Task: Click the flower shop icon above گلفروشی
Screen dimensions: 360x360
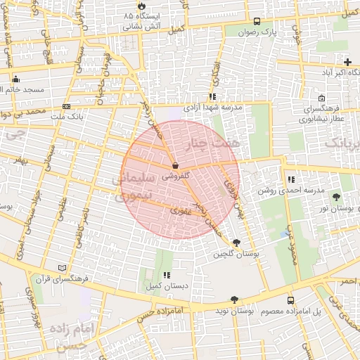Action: pos(174,166)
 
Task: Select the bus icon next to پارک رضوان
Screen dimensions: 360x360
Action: pos(257,21)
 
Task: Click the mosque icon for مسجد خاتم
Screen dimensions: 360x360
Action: pos(15,79)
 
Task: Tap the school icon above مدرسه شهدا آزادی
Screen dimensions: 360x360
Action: pos(212,97)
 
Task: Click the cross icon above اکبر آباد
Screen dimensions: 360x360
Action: pos(347,62)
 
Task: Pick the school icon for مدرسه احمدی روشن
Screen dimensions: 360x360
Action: pos(291,179)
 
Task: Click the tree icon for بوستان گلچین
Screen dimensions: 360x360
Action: pos(236,243)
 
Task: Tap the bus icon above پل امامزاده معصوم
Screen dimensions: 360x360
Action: pos(291,300)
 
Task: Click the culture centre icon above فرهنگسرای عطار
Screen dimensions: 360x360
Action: pos(321,98)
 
